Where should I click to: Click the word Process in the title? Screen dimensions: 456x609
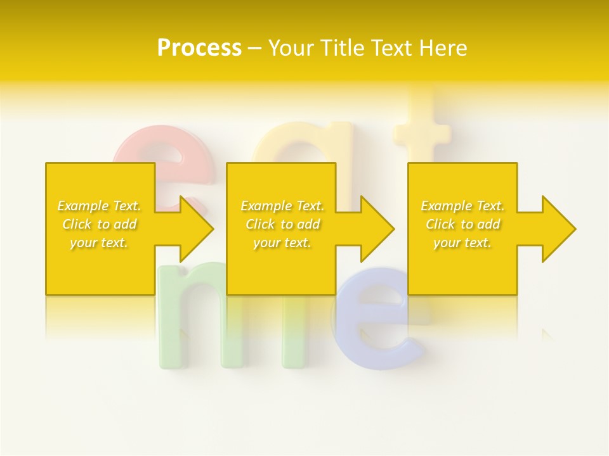pyautogui.click(x=199, y=48)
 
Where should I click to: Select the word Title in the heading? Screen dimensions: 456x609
pyautogui.click(x=341, y=48)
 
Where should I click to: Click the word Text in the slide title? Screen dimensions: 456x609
pyautogui.click(x=392, y=48)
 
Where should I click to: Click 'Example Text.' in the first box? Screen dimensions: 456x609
pyautogui.click(x=100, y=206)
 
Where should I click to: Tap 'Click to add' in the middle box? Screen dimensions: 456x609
pyautogui.click(x=282, y=224)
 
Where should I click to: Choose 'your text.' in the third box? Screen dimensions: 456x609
pyautogui.click(x=462, y=243)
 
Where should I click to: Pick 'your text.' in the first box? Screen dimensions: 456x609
pyautogui.click(x=100, y=243)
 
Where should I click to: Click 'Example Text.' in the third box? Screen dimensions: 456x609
pyautogui.click(x=462, y=206)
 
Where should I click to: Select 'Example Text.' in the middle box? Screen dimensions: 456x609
pyautogui.click(x=282, y=206)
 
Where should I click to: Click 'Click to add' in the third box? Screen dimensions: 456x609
pyautogui.click(x=462, y=224)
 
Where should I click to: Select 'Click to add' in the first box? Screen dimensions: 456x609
pyautogui.click(x=100, y=224)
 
